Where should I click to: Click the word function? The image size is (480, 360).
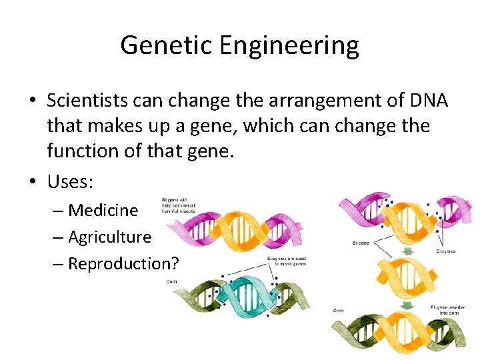tap(89, 151)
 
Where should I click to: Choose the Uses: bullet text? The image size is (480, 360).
tap(72, 181)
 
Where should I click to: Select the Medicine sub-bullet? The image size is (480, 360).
tap(103, 210)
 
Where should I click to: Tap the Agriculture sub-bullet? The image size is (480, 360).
tap(110, 237)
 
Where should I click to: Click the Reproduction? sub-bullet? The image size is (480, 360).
tap(123, 263)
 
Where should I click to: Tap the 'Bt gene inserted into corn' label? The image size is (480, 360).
tap(446, 309)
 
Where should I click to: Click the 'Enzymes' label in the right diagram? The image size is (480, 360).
tap(446, 252)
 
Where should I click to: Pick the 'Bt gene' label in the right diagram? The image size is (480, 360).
tap(361, 243)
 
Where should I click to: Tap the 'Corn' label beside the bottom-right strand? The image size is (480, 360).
tap(339, 311)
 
